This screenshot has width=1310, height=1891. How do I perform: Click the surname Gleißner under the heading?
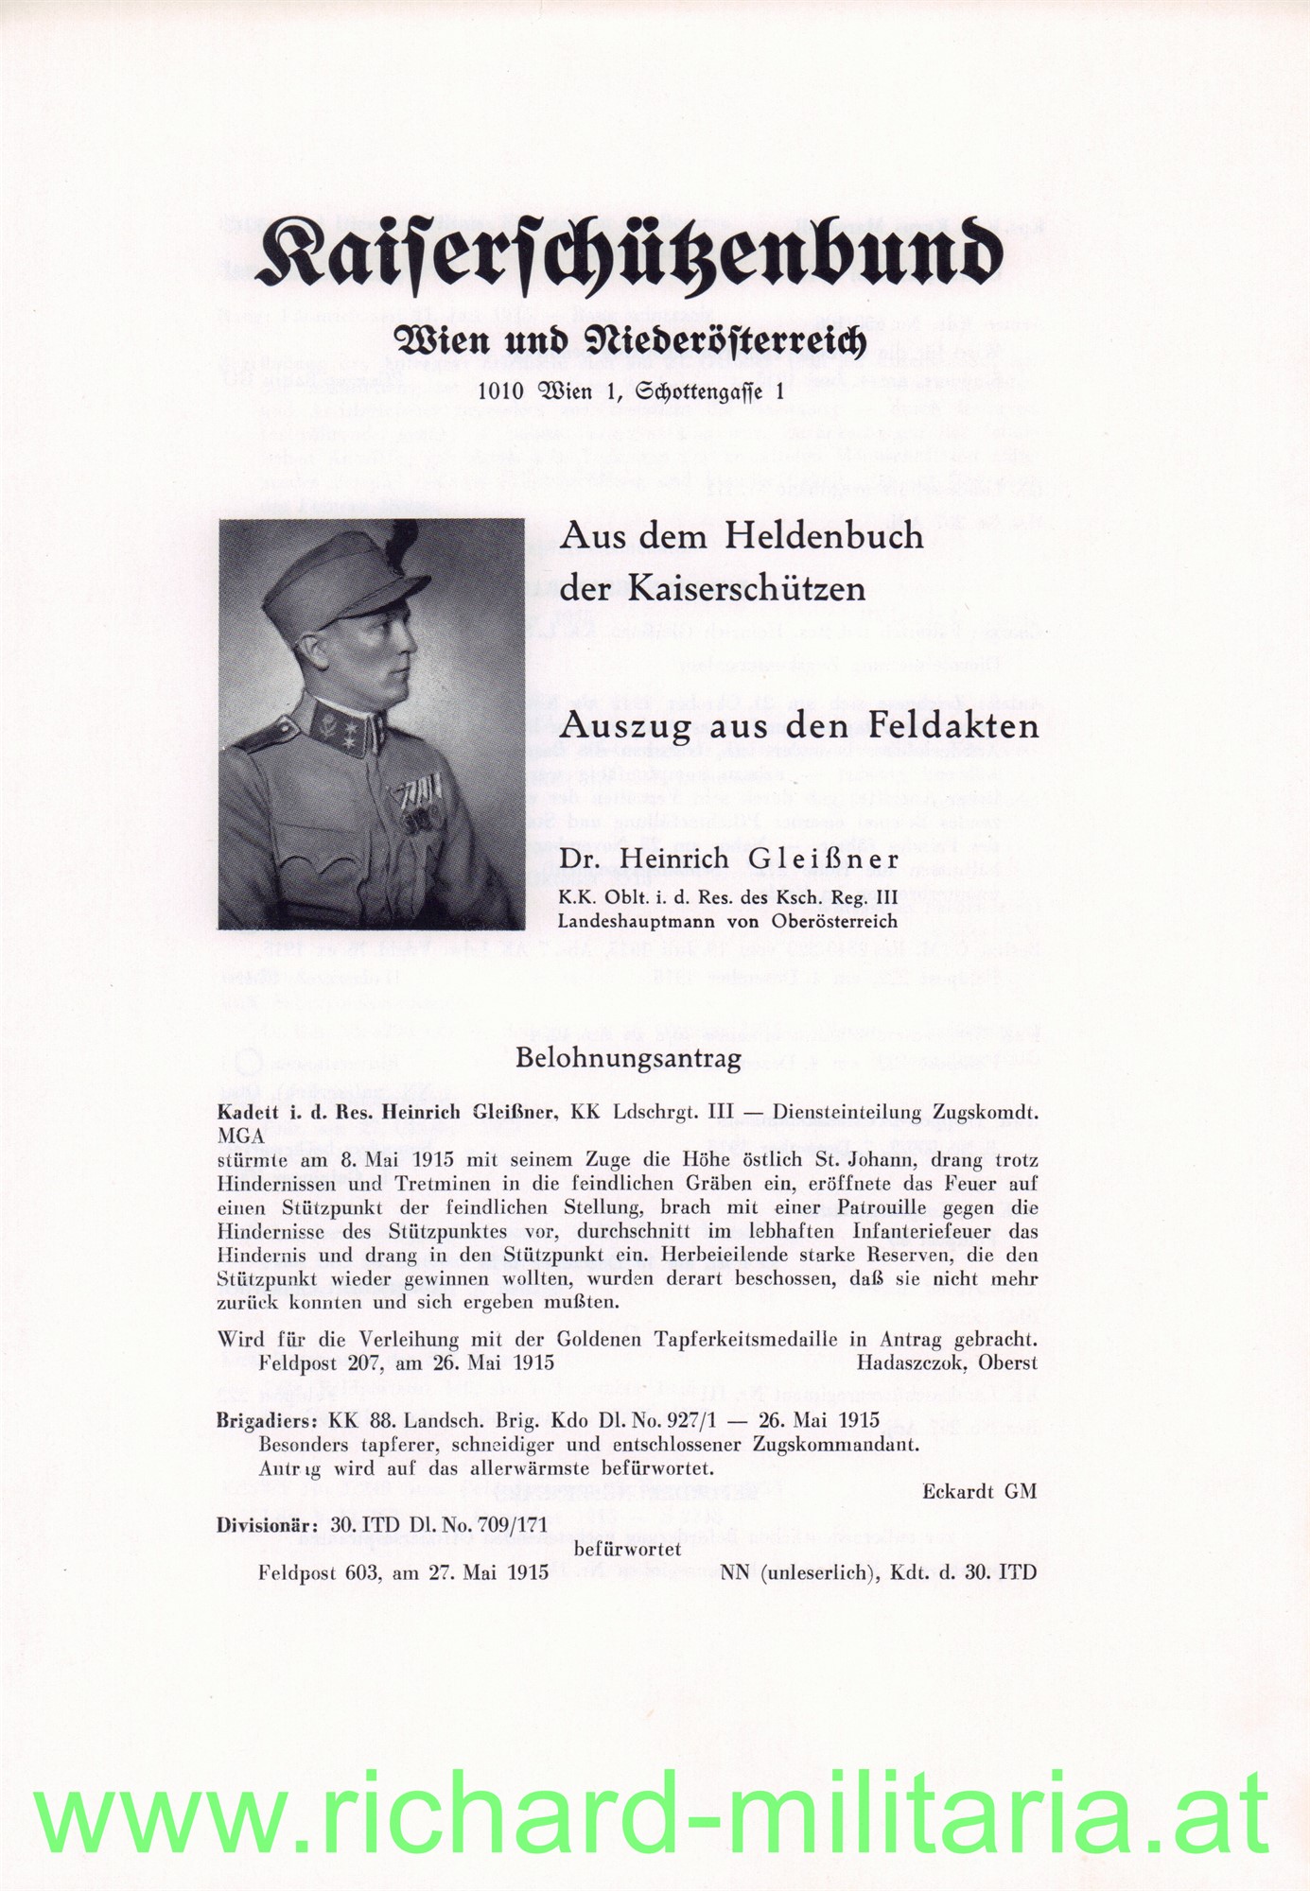point(820,859)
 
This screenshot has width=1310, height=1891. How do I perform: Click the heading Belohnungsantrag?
point(628,1058)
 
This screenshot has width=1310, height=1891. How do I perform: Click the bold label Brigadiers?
point(268,1420)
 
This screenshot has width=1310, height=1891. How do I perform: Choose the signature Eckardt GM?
point(980,1491)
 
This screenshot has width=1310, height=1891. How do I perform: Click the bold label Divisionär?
point(269,1524)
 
